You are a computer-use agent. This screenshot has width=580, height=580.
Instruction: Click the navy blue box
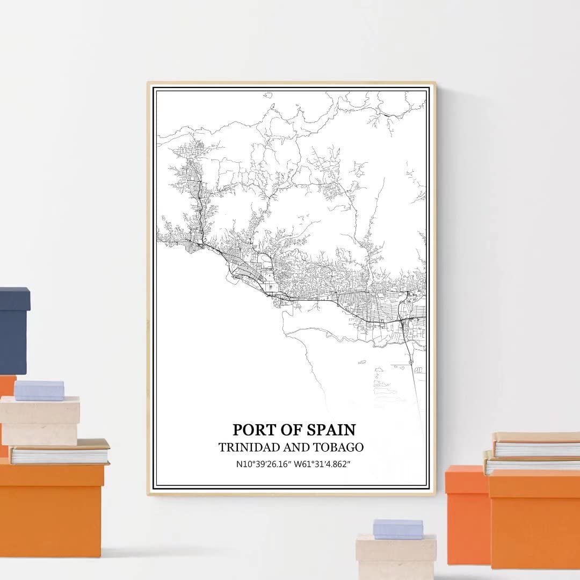[x=13, y=330]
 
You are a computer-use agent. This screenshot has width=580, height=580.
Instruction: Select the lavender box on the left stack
[x=39, y=390]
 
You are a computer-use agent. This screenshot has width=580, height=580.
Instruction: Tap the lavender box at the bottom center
[x=398, y=529]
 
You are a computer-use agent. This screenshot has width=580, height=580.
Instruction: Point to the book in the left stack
[x=60, y=452]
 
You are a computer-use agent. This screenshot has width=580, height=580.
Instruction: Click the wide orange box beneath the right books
[x=534, y=518]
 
